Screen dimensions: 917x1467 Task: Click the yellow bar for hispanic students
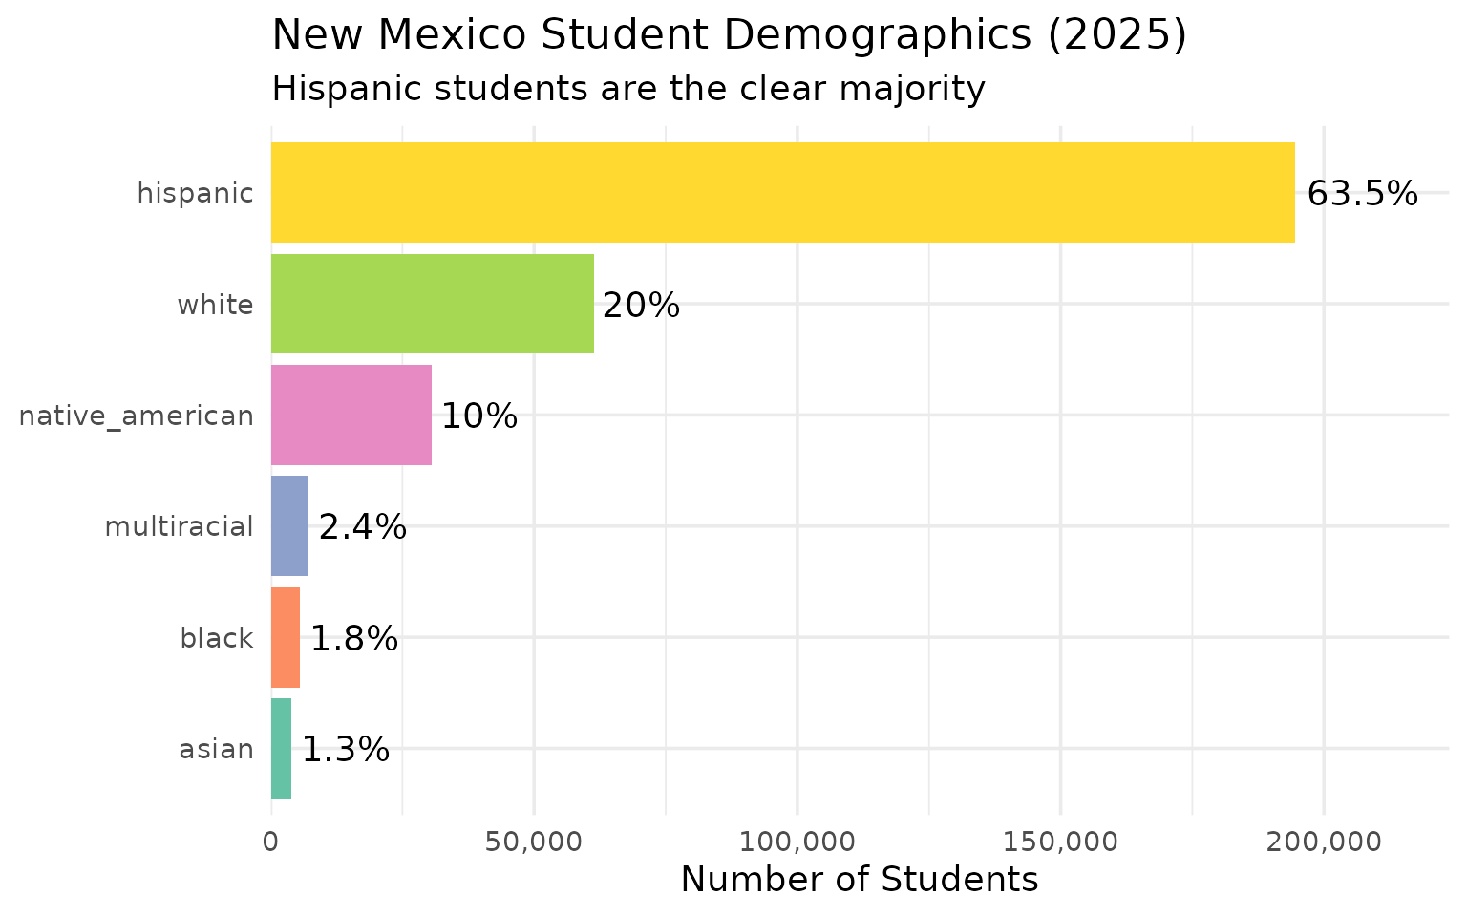[782, 193]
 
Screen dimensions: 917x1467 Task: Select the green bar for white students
[432, 304]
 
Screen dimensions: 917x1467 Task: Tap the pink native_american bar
[351, 416]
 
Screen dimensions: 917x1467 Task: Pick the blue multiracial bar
[289, 526]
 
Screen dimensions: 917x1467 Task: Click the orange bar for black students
[286, 637]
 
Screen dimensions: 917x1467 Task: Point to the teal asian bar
[281, 749]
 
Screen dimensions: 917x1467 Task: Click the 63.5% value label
[1362, 194]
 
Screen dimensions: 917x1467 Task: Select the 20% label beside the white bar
[641, 306]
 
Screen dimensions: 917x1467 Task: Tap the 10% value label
[479, 416]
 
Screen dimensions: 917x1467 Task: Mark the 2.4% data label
[362, 527]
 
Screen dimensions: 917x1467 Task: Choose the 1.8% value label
[353, 638]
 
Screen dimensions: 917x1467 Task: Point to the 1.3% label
[346, 750]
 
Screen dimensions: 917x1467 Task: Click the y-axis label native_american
[137, 416]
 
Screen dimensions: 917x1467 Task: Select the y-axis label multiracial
[179, 527]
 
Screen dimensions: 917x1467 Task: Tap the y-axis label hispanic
[195, 194]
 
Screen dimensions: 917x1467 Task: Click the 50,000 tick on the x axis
[534, 842]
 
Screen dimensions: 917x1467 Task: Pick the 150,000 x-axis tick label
[1060, 842]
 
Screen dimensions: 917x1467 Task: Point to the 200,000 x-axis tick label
[1324, 842]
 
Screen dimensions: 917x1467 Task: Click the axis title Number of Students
[859, 880]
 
